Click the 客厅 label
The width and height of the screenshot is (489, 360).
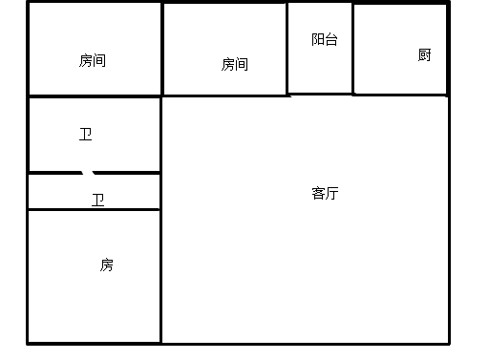pos(325,193)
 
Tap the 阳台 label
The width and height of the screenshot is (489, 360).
pos(324,40)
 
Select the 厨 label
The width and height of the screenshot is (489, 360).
pos(424,54)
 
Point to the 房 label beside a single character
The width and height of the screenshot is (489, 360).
pos(106,265)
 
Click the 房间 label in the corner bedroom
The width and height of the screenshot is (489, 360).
pos(92,60)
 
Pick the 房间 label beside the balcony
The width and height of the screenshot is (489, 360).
pos(234,64)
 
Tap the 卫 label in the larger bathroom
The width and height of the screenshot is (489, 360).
pos(85,135)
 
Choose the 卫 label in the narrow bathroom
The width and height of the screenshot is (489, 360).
pos(97,200)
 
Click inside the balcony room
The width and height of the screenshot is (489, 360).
pos(320,67)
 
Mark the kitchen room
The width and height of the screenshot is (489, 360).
pos(399,72)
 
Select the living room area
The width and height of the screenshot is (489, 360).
pos(306,248)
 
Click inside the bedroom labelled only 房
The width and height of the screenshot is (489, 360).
pos(94,296)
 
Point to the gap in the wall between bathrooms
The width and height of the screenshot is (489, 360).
pos(89,173)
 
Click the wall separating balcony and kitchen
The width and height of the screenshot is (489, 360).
pos(352,48)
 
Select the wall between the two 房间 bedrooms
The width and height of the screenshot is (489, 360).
pos(161,48)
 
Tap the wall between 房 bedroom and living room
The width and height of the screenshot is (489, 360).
pos(160,277)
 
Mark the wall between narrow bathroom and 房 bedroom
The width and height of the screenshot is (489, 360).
pos(94,209)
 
